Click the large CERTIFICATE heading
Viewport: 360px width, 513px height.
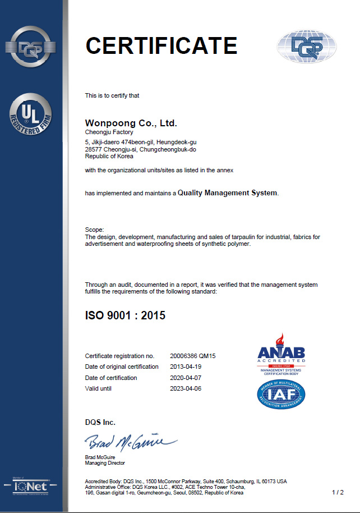(161, 45)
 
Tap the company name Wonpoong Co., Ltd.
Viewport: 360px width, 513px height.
(131, 123)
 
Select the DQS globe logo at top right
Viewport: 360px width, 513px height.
(306, 46)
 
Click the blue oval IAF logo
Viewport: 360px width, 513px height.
(281, 395)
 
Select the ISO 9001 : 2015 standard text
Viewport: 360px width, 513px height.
(125, 315)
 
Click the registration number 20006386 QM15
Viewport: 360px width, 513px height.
(193, 356)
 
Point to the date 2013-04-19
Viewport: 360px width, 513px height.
(185, 367)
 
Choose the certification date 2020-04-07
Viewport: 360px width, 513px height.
(185, 378)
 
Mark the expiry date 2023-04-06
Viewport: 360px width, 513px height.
(185, 388)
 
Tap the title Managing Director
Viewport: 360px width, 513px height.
(105, 463)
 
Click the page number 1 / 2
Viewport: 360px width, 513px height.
(338, 493)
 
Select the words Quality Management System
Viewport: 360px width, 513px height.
(227, 193)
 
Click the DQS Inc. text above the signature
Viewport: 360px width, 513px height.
(100, 422)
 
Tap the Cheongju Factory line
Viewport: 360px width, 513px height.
(109, 132)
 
